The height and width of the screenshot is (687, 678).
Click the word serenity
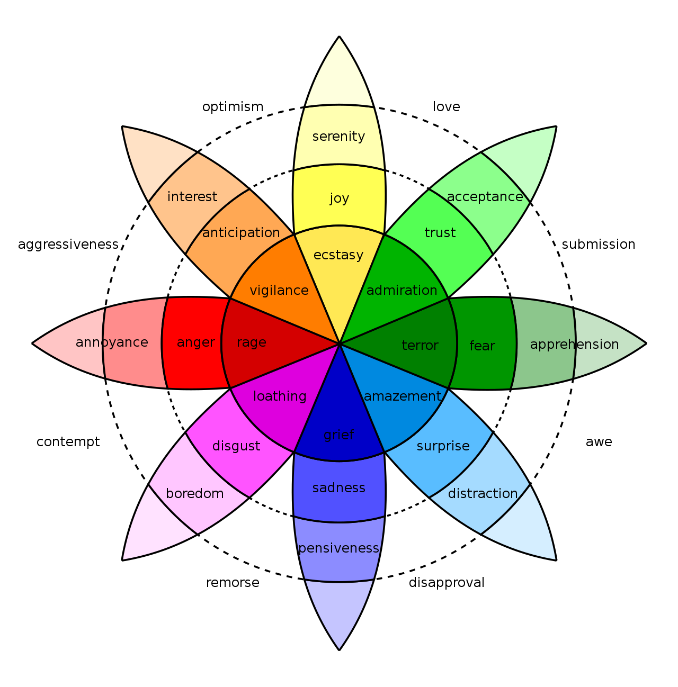point(338,137)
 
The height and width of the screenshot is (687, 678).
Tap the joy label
point(339,198)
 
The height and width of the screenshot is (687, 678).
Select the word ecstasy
point(338,255)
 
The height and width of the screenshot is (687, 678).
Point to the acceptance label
point(485,197)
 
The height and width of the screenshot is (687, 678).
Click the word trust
point(440,233)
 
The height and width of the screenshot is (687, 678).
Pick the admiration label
point(402,291)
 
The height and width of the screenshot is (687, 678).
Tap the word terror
point(420,346)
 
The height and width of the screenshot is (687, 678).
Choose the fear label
point(482,346)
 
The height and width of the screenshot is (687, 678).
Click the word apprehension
point(574,345)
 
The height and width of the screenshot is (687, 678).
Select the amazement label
point(403,396)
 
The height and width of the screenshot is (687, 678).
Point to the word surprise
point(443,446)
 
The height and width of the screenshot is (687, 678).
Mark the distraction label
point(483,494)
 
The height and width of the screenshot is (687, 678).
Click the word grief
point(338,435)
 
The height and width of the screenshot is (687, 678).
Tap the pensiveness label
point(338,548)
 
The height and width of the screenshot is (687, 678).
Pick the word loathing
point(280,396)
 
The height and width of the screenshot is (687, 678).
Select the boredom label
point(194,494)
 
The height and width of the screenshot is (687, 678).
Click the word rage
point(252,343)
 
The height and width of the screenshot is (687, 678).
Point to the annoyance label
point(112,342)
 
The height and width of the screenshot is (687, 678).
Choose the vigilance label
point(279,291)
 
